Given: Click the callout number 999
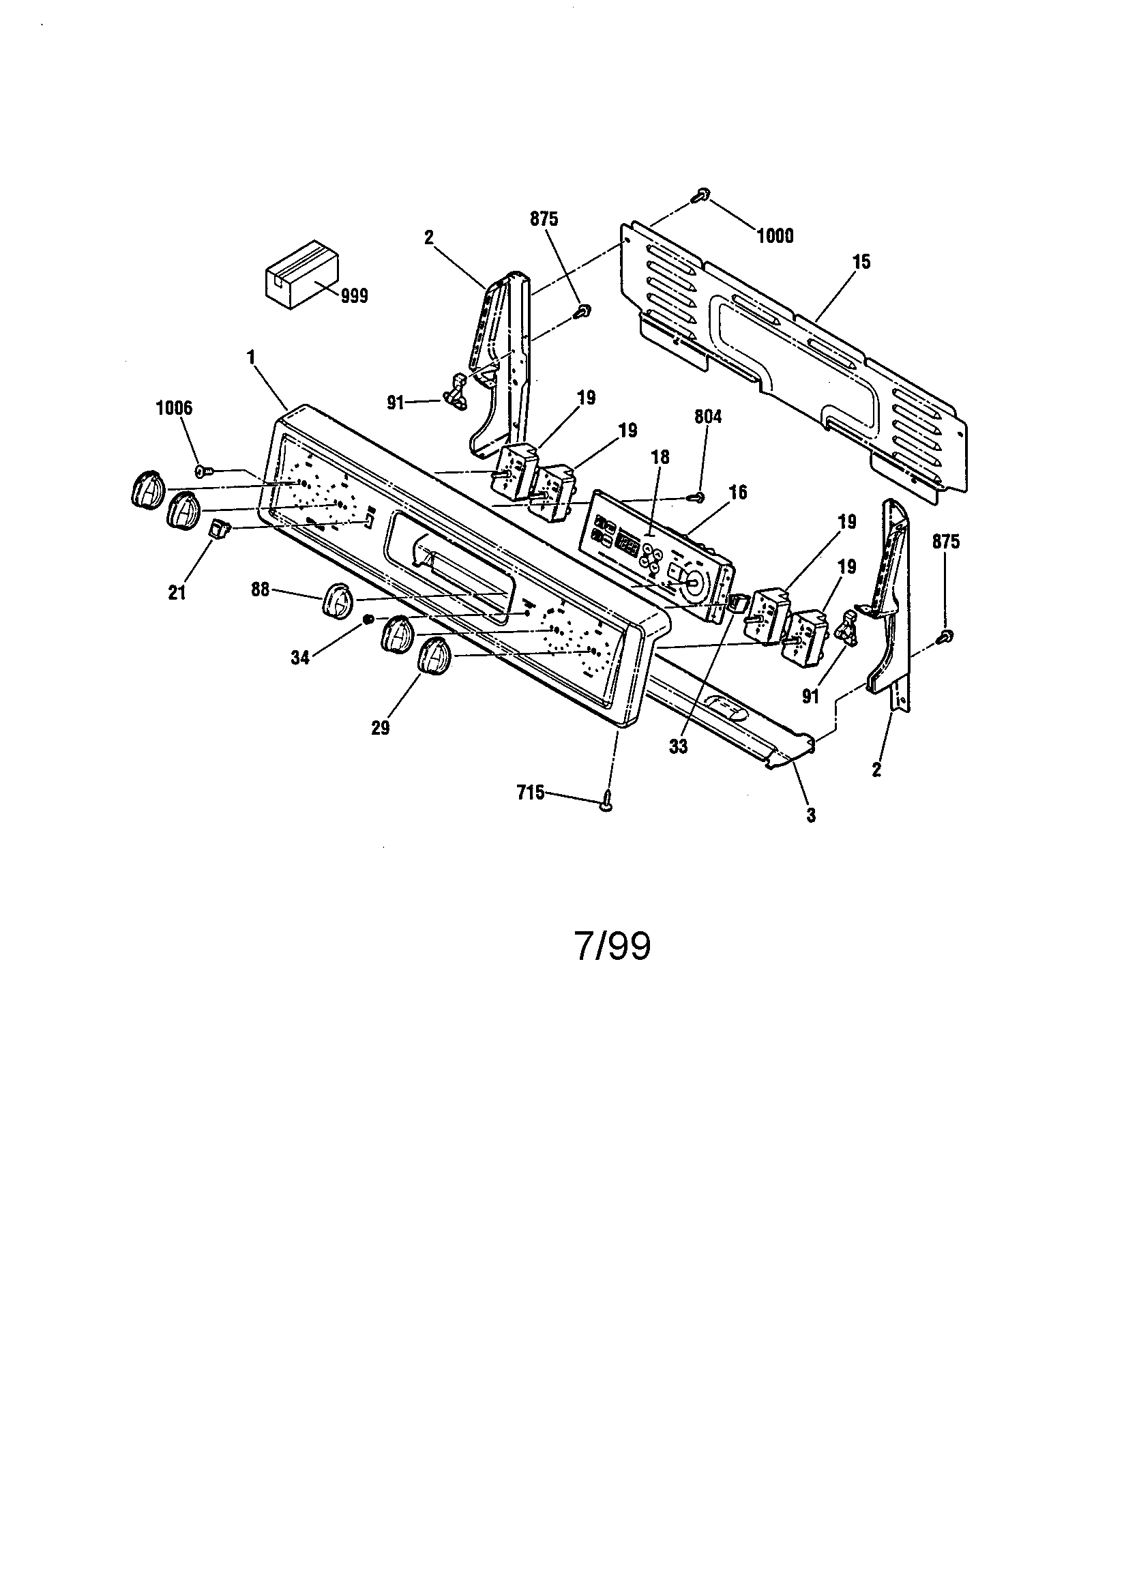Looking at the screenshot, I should coord(354,297).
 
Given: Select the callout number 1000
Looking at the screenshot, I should coord(775,236).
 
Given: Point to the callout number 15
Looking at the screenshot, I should coord(861,263).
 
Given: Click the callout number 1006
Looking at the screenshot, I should coord(174,408).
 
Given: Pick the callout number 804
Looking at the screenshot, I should coord(708,417).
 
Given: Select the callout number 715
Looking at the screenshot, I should coord(531,793).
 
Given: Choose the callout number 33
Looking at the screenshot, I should coord(678,748).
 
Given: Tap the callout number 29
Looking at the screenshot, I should coord(380,728).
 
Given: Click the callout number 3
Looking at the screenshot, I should coord(811,815).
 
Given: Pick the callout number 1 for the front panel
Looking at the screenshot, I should coord(251,357).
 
